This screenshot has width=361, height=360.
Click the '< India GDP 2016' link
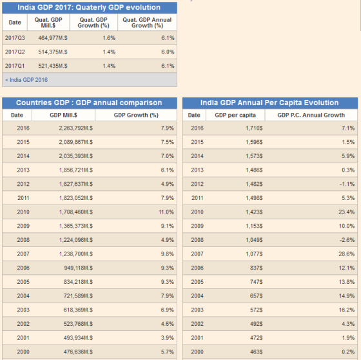[26, 80]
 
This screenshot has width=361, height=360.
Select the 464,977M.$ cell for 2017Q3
[53, 38]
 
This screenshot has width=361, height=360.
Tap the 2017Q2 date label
[15, 52]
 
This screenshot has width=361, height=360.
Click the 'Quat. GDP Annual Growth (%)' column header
[147, 23]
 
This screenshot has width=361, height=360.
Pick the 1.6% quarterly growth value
[109, 38]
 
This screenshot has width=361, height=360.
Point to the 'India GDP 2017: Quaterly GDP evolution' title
[89, 7]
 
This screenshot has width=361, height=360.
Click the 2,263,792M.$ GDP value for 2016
[76, 128]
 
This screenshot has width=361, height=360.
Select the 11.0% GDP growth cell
[166, 212]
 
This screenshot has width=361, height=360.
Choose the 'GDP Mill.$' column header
[63, 115]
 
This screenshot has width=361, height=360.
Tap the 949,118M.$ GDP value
[79, 268]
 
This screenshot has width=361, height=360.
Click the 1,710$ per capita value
[254, 128]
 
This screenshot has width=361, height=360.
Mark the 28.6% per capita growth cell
[347, 254]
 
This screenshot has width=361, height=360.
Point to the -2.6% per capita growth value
[347, 240]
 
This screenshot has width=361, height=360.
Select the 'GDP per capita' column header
[235, 115]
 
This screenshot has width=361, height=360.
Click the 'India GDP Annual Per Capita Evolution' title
[269, 103]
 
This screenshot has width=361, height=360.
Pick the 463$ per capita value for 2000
[257, 352]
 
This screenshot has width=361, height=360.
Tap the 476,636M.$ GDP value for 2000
[78, 352]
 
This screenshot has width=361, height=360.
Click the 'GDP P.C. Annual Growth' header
[311, 115]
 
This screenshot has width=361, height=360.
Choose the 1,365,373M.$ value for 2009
[76, 226]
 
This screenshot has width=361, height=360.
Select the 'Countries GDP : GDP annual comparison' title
[89, 103]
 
